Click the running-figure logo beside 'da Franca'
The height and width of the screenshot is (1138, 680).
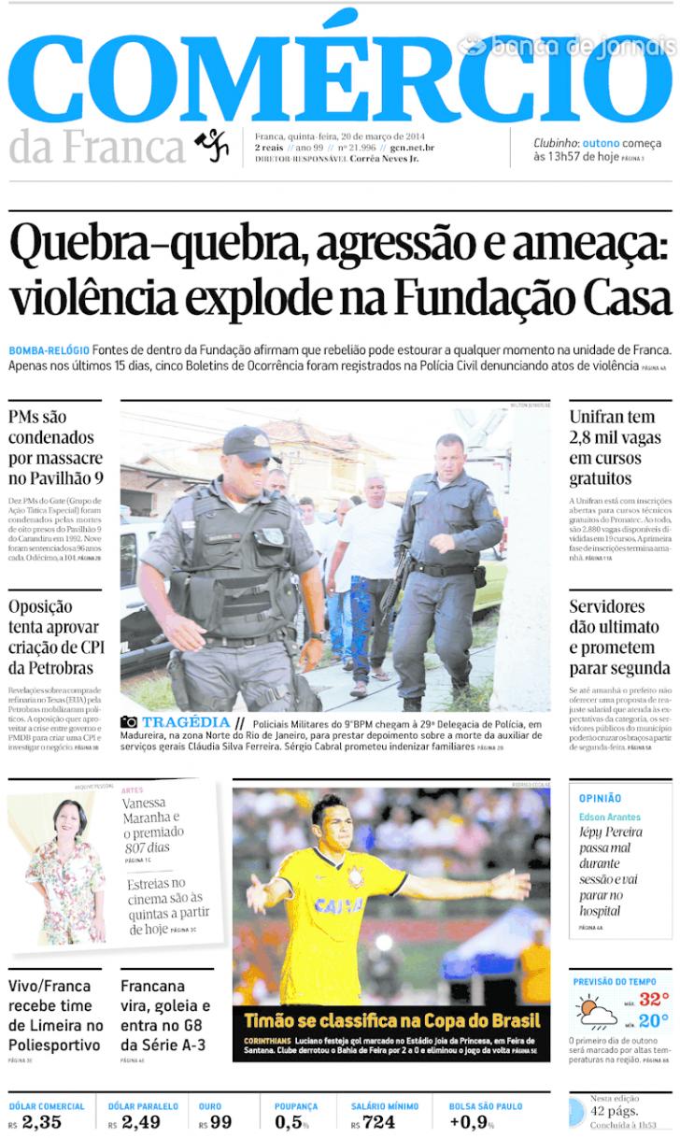pyautogui.click(x=212, y=145)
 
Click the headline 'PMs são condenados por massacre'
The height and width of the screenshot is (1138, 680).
pyautogui.click(x=55, y=448)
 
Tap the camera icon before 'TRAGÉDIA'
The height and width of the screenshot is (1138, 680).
pyautogui.click(x=129, y=722)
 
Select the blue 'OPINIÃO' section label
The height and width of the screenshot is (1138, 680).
pyautogui.click(x=600, y=798)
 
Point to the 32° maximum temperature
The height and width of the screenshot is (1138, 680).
pyautogui.click(x=653, y=999)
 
